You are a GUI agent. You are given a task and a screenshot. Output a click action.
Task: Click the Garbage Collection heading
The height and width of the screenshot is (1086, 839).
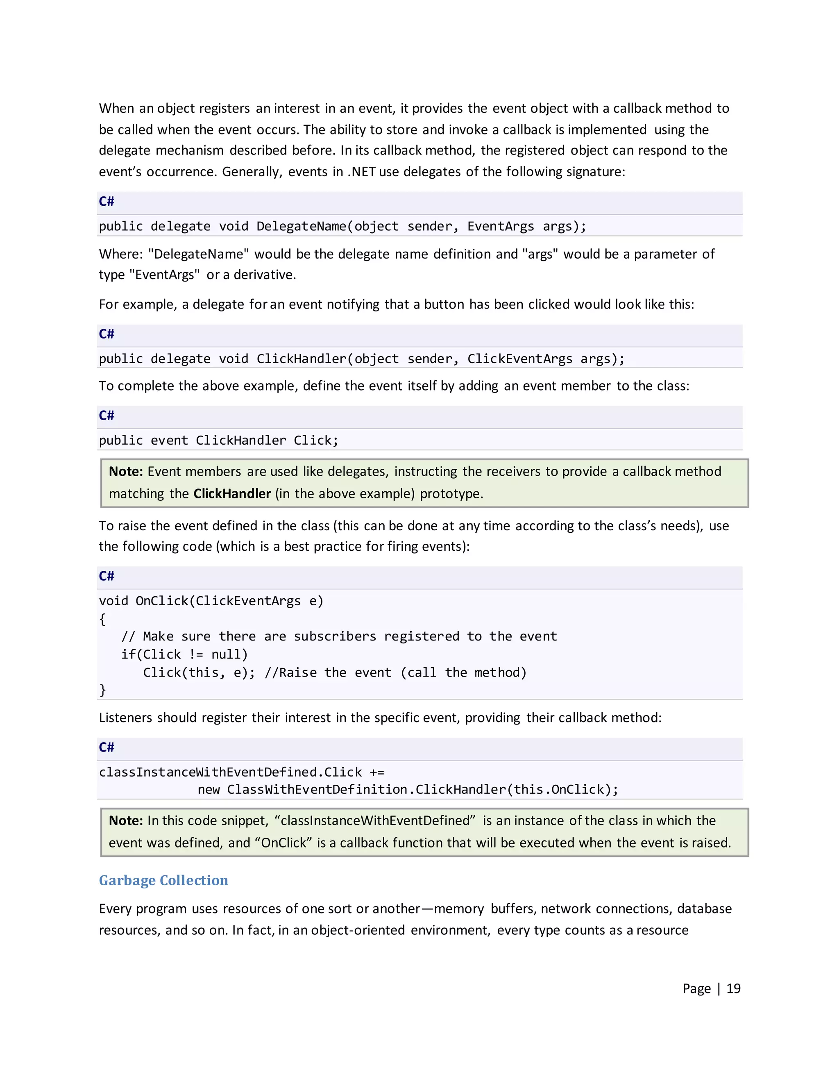[x=163, y=880]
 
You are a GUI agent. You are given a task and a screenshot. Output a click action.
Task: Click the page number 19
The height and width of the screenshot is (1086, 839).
[x=733, y=988]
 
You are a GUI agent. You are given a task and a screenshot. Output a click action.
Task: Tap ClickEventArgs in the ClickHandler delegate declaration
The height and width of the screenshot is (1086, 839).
[x=519, y=359]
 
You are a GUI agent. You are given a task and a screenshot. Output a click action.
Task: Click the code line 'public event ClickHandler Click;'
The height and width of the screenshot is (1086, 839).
[x=218, y=440]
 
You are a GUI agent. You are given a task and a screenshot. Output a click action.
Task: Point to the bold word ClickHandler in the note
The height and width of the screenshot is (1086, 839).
[x=231, y=494]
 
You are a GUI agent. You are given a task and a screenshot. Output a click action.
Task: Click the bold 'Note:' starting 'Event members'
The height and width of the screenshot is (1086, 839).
[x=126, y=471]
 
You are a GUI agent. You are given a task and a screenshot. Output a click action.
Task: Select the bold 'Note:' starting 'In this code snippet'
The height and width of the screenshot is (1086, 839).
[x=126, y=820]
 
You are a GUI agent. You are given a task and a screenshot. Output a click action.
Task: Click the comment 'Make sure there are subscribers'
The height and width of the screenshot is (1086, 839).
[x=339, y=636]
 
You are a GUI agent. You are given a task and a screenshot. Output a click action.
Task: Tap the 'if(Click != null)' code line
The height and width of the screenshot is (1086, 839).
[x=184, y=654]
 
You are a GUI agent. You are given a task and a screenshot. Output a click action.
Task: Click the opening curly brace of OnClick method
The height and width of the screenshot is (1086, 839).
[x=102, y=619]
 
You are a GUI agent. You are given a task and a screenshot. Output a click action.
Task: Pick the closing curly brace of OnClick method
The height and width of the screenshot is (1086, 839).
[x=102, y=690]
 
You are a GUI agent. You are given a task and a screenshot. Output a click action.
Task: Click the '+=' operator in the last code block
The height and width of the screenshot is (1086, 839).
[x=377, y=772]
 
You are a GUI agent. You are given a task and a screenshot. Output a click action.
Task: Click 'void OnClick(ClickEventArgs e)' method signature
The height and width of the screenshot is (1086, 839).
[x=211, y=601]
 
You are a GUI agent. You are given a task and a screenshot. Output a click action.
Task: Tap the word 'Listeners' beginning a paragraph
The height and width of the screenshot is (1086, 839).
[x=126, y=718]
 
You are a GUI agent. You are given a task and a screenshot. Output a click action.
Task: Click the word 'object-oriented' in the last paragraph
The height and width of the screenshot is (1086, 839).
[x=358, y=930]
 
